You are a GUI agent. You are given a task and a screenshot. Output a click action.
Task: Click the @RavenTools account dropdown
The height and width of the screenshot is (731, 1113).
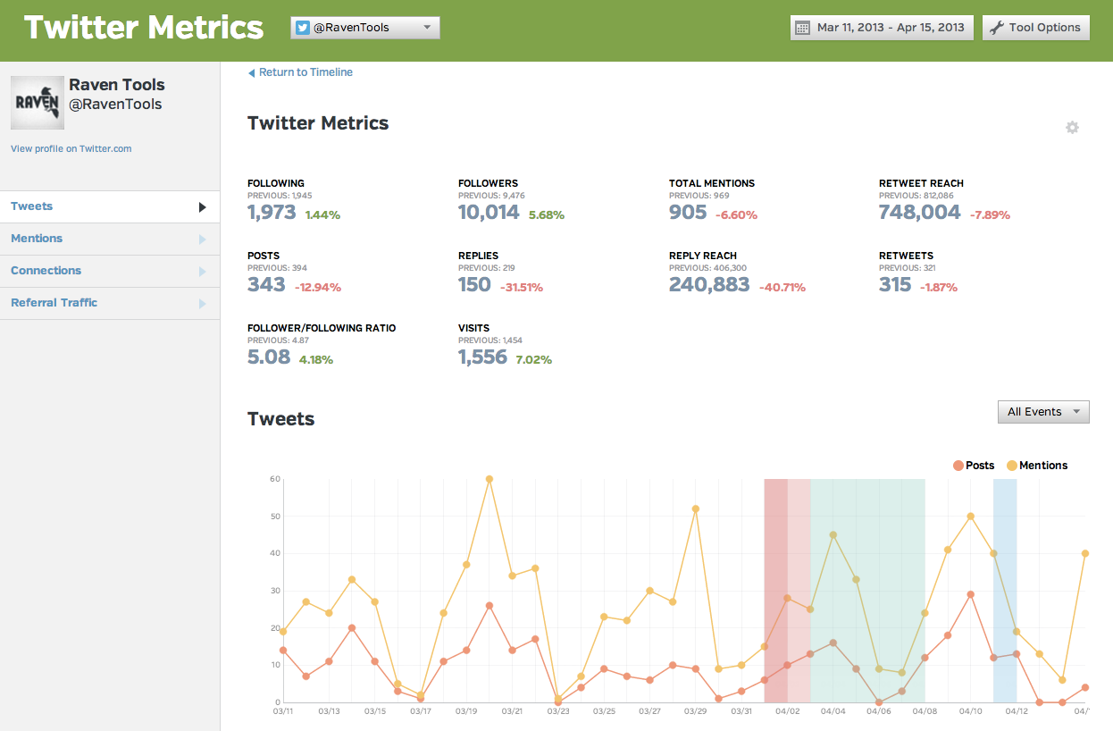364,28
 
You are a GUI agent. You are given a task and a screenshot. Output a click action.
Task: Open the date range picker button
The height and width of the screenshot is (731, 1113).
882,28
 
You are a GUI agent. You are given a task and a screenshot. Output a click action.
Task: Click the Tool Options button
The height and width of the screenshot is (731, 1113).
1036,28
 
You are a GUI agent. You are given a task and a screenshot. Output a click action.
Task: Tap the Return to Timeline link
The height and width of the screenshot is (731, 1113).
305,72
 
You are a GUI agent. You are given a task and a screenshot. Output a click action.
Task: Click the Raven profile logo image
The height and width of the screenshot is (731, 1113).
37,103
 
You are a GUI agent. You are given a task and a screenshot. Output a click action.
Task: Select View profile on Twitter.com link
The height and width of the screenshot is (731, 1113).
71,148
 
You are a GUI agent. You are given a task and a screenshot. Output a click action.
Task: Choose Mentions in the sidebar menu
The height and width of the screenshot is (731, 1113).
37,239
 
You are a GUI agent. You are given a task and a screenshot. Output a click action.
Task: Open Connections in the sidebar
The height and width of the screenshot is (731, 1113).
46,271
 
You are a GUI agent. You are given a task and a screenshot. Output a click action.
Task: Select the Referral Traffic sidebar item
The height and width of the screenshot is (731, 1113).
54,303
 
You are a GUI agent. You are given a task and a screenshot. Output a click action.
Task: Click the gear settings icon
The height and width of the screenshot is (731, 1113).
1072,128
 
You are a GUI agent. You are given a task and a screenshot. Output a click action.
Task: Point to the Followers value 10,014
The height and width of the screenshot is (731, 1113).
488,213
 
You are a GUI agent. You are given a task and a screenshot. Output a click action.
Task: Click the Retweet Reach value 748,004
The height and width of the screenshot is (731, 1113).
919,213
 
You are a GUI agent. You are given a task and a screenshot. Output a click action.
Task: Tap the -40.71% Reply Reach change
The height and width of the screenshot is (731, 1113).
782,288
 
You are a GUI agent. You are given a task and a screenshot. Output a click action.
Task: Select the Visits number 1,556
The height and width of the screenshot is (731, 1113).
482,357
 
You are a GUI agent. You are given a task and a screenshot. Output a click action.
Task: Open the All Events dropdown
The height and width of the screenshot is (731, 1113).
1043,412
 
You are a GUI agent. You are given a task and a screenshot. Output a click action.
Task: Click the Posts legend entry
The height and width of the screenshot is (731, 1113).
974,466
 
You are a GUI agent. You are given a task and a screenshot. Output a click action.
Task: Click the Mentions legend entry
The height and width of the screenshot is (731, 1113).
1037,466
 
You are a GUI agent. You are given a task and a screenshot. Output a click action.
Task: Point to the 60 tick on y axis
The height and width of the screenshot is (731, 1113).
275,479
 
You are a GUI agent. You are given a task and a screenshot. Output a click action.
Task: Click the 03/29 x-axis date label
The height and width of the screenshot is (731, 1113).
695,711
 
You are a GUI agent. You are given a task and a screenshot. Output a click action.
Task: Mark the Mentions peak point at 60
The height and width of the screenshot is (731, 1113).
490,479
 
